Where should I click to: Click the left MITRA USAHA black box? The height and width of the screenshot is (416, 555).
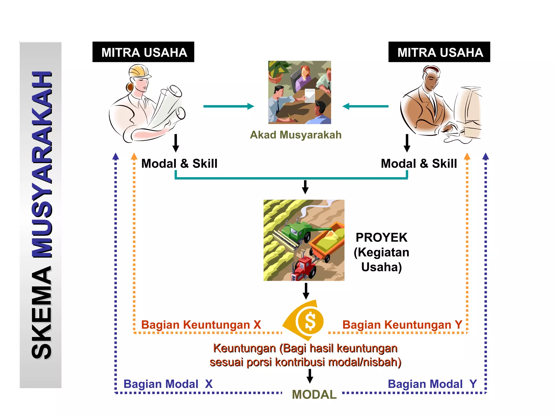143,52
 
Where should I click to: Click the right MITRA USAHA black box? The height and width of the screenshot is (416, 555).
439,52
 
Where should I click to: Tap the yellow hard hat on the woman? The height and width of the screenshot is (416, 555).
139,71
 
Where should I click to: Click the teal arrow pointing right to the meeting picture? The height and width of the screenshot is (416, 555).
228,106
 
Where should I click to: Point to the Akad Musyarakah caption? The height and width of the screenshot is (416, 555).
296,135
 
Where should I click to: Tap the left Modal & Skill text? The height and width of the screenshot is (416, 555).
179,164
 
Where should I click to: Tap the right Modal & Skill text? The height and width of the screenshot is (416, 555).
419,164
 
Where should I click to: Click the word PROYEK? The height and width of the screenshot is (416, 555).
381,238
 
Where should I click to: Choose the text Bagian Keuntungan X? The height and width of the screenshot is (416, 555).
201,325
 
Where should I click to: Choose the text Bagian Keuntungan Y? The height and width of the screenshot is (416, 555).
402,325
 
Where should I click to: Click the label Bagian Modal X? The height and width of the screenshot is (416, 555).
168,384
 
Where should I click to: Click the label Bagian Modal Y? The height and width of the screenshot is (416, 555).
432,384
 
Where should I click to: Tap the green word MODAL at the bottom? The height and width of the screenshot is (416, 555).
314,395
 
